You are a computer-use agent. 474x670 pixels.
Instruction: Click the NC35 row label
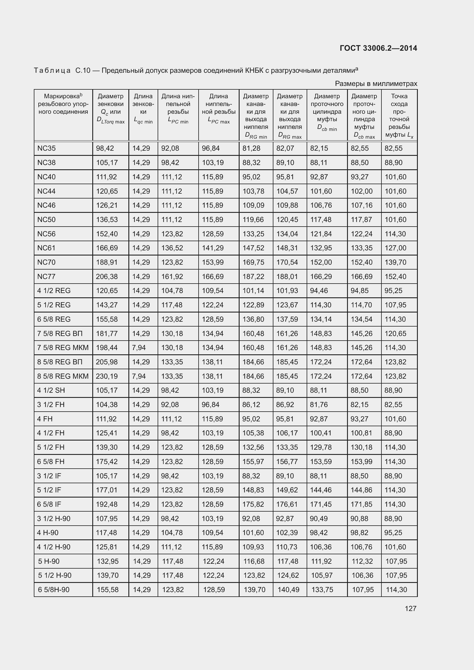point(46,148)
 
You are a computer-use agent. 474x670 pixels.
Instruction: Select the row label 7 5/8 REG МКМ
point(63,347)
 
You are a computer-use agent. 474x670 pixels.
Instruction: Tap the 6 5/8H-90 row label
point(54,590)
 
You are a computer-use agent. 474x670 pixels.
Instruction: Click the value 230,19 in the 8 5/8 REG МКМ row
point(107,376)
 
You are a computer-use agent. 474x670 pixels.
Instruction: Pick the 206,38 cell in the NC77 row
point(107,276)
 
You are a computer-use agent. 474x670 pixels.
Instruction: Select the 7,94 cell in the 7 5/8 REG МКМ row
point(139,347)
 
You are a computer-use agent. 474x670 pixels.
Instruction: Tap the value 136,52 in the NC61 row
point(172,248)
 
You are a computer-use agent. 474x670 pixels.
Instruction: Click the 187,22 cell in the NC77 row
point(253,276)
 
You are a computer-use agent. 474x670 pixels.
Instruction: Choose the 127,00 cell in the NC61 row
point(395,248)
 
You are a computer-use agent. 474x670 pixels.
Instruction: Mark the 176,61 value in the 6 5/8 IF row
point(287,504)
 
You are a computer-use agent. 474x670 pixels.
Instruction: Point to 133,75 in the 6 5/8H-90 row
point(322,590)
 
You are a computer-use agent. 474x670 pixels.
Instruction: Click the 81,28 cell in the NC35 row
point(251,148)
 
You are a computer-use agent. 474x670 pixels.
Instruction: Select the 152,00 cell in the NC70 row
point(321,262)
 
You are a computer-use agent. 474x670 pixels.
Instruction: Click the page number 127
point(410,608)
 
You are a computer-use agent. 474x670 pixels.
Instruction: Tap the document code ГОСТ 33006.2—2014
point(378,48)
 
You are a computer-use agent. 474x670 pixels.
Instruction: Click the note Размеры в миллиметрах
point(376,84)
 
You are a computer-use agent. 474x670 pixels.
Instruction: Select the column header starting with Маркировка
point(63,104)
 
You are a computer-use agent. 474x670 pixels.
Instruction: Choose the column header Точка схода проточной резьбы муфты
point(399,115)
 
